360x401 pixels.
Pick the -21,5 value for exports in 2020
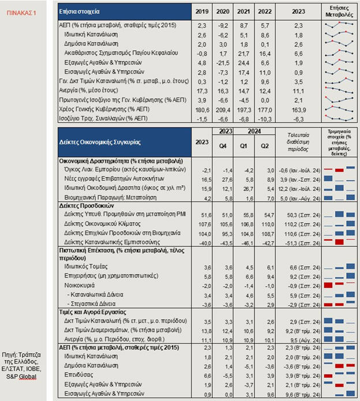[222, 62]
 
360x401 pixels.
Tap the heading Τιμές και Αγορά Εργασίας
[96, 311]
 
